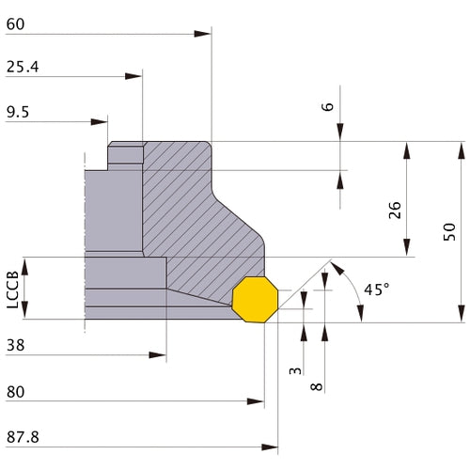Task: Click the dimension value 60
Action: (15, 24)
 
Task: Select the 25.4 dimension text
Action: (23, 68)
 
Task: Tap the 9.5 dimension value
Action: (18, 111)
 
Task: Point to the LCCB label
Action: (11, 289)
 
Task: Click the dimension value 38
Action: (15, 346)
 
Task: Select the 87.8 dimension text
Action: (23, 437)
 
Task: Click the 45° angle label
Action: (375, 290)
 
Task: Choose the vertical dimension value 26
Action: (395, 211)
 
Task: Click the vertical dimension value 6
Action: (327, 107)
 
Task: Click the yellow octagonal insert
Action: (253, 298)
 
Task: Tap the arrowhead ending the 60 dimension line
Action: (204, 35)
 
